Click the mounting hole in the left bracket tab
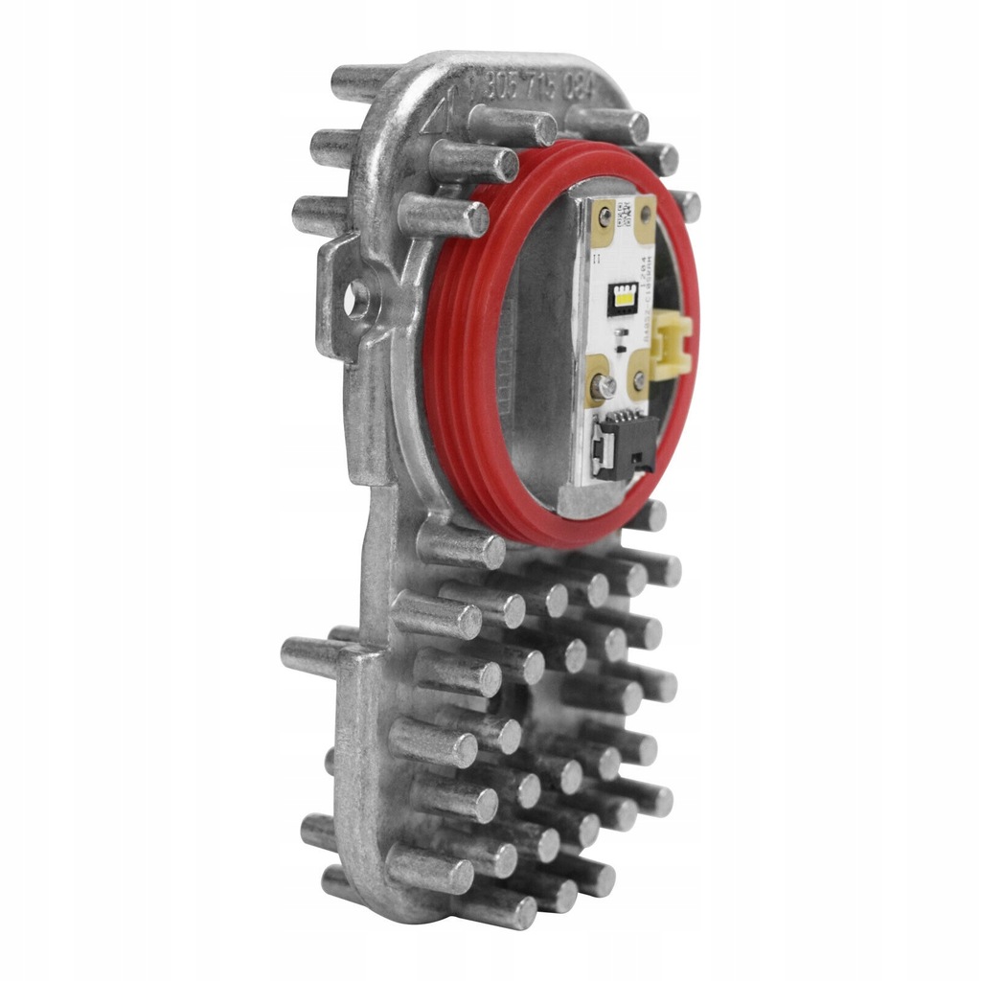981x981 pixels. pos(356,300)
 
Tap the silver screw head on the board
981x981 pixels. pos(604,385)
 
